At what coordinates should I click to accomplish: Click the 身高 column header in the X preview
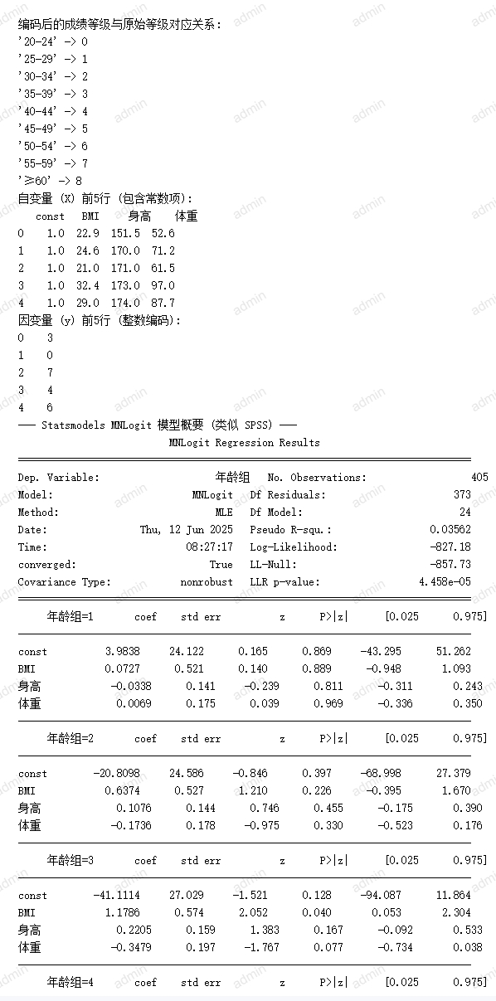coord(139,216)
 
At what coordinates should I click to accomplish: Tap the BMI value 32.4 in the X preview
coord(87,285)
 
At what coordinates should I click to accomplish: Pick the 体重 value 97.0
coord(163,285)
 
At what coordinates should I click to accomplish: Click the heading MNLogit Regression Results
coord(244,443)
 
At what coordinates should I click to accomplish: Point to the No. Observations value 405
coord(462,478)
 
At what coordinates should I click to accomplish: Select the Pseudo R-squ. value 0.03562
coord(450,530)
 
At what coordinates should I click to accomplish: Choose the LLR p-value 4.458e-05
coord(444,582)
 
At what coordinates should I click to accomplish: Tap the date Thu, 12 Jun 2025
coord(187,530)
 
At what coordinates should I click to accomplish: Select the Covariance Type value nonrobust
coord(207,582)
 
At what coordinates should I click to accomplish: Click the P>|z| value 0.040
coord(328,913)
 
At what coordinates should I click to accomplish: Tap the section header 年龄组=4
coord(70,983)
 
